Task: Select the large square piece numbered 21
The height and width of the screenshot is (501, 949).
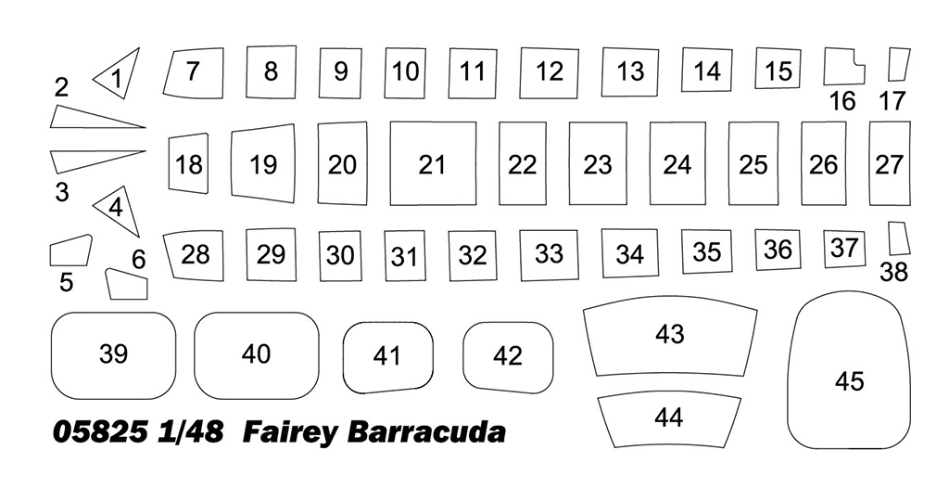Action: coord(433,163)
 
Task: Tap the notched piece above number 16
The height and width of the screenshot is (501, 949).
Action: coord(844,67)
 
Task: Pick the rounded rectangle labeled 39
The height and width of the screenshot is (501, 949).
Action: coord(113,355)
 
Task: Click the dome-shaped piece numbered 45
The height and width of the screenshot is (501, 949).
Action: coord(850,369)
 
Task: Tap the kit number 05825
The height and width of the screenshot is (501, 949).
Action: coord(100,432)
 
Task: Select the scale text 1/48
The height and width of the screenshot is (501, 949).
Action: coord(190,432)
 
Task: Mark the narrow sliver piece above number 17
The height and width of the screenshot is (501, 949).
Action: coord(899,65)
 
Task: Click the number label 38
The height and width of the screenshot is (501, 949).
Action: coord(894,273)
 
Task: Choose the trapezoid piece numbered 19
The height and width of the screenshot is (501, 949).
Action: coord(262,163)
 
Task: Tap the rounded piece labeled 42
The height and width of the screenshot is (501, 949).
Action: coord(508,357)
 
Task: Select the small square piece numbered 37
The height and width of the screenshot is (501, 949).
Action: coord(844,249)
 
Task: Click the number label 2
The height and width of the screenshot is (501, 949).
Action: coord(61,88)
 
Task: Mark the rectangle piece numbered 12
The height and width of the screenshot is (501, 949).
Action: coord(549,72)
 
